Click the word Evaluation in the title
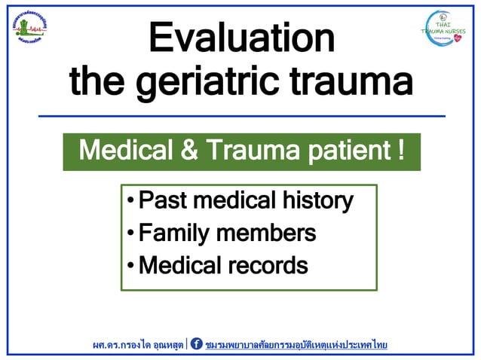[x=241, y=38]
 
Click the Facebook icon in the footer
[x=196, y=344]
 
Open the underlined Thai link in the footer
[x=296, y=344]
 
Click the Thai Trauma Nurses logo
[x=443, y=28]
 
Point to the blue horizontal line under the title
[x=241, y=116]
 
